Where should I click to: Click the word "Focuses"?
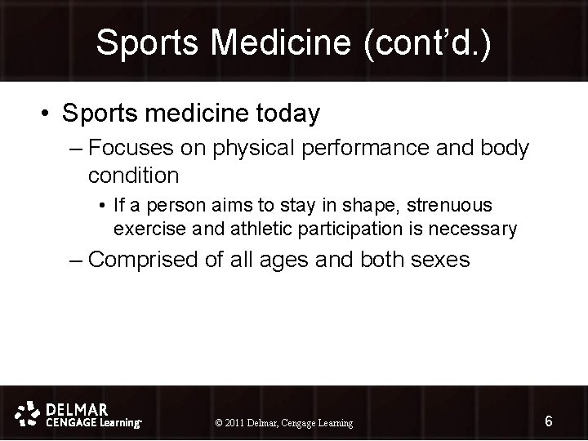point(125,149)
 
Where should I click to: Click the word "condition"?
point(133,175)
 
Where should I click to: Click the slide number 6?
point(549,421)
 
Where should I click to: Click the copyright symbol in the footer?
point(218,423)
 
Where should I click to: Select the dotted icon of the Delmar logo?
point(29,412)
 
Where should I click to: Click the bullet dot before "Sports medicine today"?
point(46,115)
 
